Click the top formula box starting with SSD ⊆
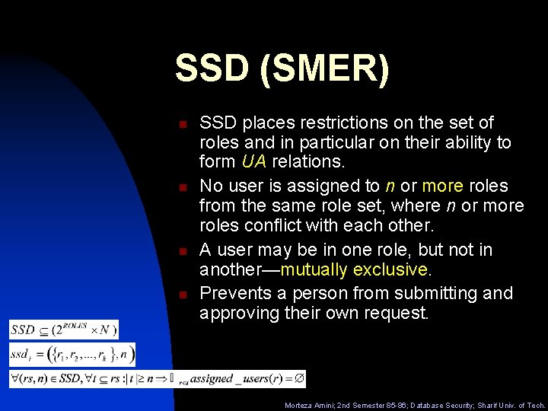click(x=64, y=330)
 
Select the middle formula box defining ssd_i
click(x=72, y=353)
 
